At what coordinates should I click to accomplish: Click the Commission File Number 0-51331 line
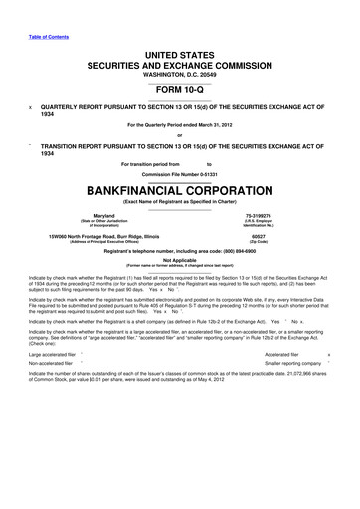click(180, 172)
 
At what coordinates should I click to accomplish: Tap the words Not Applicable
click(180, 259)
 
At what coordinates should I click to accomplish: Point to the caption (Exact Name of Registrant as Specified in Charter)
click(180, 201)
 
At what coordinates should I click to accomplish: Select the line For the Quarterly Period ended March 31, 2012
click(180, 124)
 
